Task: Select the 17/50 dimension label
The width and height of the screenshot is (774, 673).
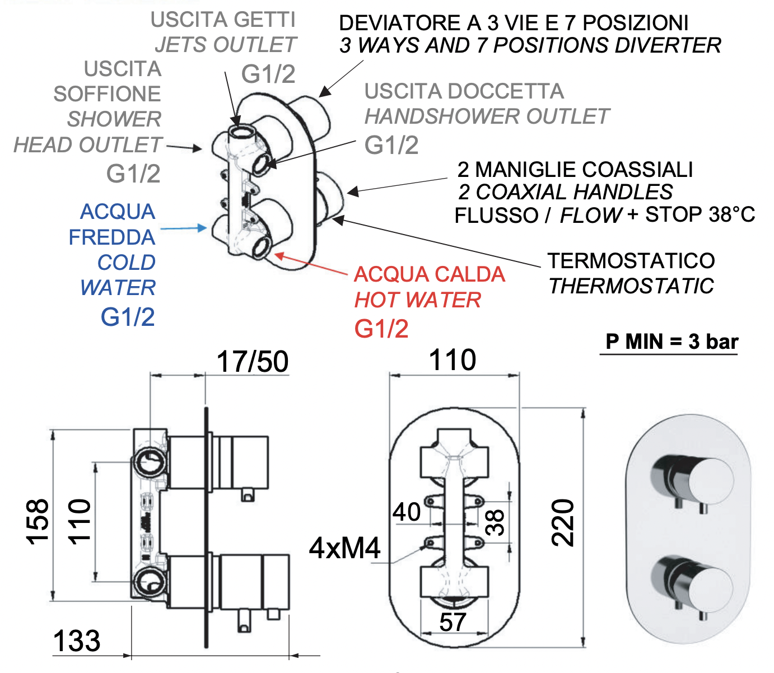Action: (253, 361)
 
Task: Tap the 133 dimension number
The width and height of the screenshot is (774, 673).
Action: (77, 641)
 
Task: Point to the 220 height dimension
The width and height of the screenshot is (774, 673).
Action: (563, 523)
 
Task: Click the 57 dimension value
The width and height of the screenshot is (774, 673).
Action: (453, 622)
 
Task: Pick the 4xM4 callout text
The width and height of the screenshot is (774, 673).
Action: (345, 548)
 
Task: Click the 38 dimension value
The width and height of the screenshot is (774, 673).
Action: (495, 522)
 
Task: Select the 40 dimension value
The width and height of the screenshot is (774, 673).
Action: (407, 512)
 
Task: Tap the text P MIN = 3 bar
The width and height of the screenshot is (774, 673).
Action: (672, 342)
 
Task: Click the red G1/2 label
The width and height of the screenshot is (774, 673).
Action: (381, 329)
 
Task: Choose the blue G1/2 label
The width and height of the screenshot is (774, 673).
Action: (128, 317)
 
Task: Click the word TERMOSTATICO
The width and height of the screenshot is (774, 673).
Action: (631, 261)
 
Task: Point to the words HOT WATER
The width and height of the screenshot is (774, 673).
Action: (418, 300)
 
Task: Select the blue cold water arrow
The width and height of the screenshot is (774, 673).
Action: (184, 228)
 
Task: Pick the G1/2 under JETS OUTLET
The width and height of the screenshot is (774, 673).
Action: (268, 74)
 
